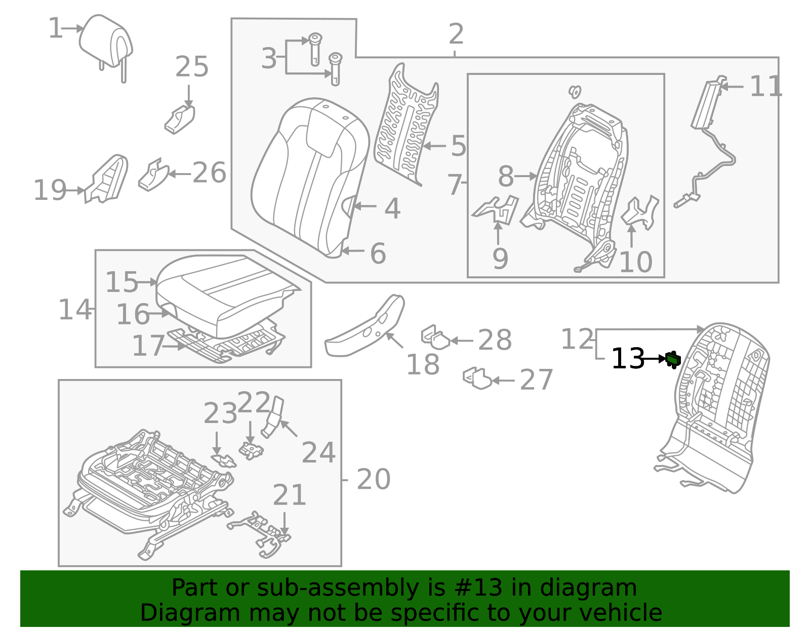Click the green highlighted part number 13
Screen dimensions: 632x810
click(x=673, y=359)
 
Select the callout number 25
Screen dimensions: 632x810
click(x=191, y=67)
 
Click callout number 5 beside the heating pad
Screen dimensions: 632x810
click(x=458, y=146)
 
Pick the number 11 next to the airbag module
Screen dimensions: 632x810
click(x=765, y=87)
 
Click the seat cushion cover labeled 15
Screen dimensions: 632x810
click(x=223, y=288)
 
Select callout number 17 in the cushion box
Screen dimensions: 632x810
click(x=148, y=347)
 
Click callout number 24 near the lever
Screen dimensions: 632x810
click(x=318, y=452)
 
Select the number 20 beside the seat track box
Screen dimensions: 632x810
click(x=374, y=479)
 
